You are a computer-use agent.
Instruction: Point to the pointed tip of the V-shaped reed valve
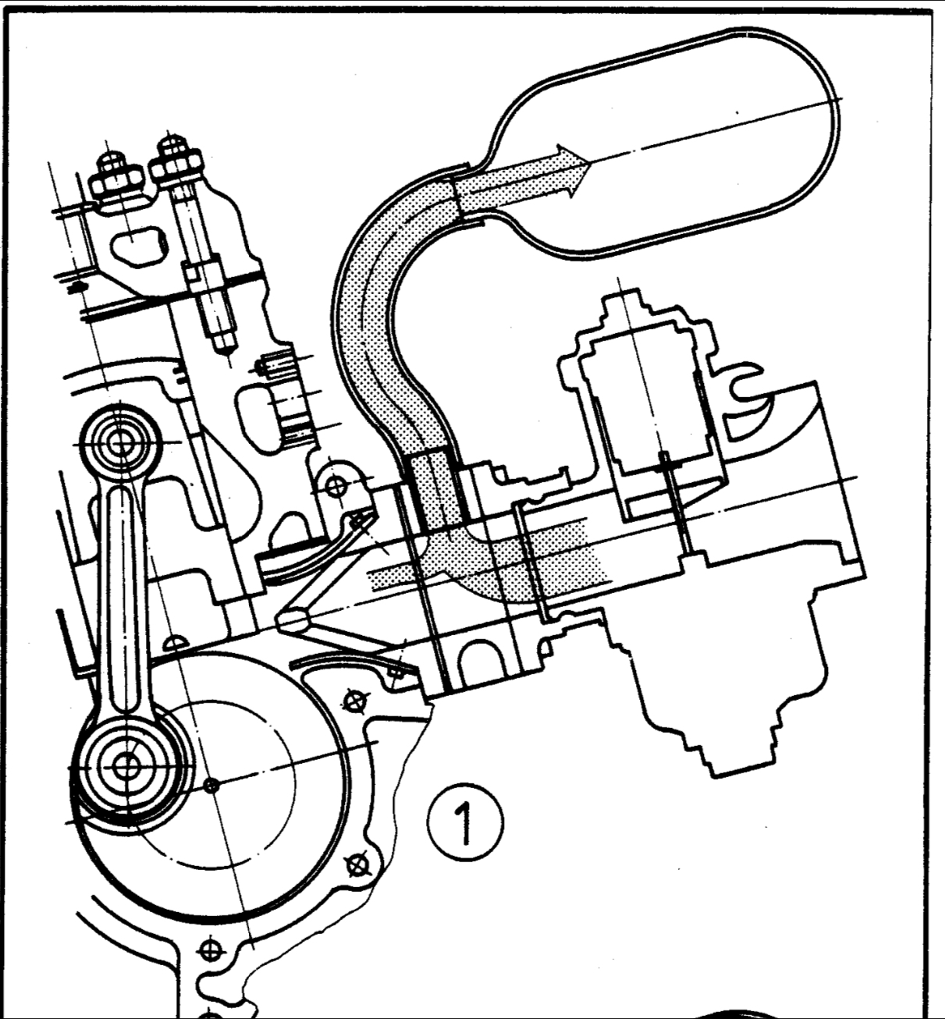(x=290, y=620)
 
